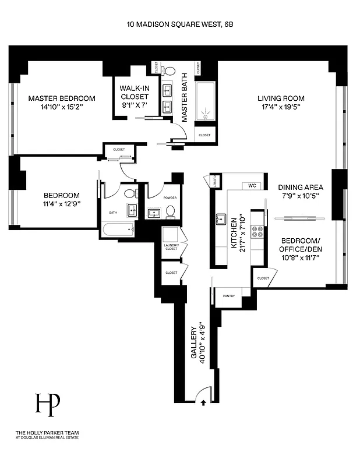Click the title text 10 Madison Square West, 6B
click(180, 25)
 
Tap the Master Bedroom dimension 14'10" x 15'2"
click(62, 107)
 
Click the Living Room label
click(281, 98)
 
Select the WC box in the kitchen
click(252, 186)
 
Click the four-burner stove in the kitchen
click(257, 231)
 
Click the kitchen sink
click(221, 219)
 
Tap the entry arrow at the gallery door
click(203, 401)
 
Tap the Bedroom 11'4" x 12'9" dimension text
click(61, 203)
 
